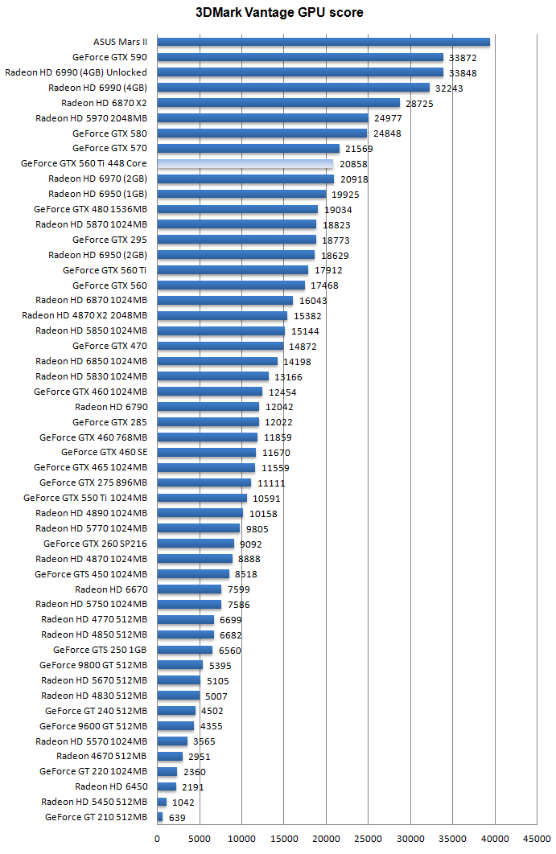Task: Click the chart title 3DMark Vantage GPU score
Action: (x=278, y=13)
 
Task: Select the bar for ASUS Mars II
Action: (x=323, y=42)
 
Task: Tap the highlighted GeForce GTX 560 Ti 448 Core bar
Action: (x=245, y=163)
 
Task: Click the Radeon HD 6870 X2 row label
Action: (x=104, y=103)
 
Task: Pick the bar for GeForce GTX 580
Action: (x=262, y=133)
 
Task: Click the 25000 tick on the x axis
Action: (x=368, y=838)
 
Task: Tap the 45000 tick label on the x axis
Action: (x=537, y=838)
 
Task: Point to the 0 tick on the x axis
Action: (x=158, y=838)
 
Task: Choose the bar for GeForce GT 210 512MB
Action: (x=160, y=817)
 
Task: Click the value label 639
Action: (x=178, y=818)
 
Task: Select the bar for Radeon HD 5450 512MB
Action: (x=162, y=802)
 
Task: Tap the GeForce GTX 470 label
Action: (x=109, y=346)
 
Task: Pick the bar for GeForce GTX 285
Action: (x=208, y=422)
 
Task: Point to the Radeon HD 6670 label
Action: (x=111, y=589)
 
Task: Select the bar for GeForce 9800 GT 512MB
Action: (x=180, y=665)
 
